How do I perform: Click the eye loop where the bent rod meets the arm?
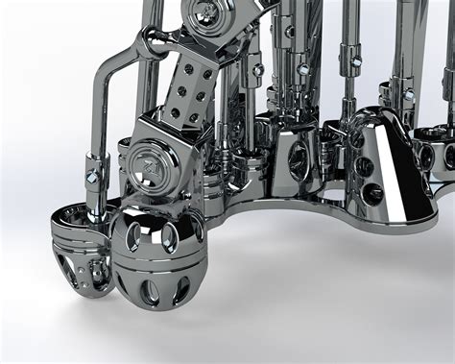pos(152,40)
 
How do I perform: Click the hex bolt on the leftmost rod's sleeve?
pos(92,177)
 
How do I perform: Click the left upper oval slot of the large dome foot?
pos(134,234)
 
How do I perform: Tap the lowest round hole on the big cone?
pos(373,193)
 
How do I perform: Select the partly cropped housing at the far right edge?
pos(443,154)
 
